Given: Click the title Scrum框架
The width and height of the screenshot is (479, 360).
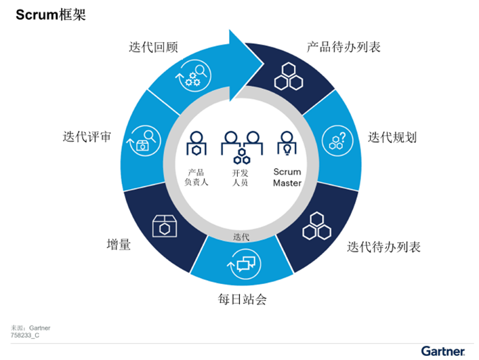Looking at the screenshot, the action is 51,15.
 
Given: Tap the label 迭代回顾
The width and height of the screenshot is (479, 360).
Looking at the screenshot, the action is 153,47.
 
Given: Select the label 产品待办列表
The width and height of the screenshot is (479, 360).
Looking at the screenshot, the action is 343,47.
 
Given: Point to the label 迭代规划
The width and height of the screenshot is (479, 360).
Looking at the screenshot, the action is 392,137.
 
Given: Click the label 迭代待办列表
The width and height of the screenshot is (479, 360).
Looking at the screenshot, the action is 383,247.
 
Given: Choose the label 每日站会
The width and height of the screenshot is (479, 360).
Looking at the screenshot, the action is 242,299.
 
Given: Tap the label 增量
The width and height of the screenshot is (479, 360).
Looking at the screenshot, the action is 119,245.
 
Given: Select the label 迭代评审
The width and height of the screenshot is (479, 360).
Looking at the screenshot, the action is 87,136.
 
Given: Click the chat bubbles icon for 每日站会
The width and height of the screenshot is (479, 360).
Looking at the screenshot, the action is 245,264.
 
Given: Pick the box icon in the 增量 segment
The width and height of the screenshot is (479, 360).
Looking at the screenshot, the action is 165,226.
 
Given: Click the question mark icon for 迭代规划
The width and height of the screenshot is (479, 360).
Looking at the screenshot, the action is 337,141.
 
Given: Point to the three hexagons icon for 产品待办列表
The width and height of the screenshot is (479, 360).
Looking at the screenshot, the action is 289,77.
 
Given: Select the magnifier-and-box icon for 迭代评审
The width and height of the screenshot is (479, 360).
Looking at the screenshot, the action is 144,141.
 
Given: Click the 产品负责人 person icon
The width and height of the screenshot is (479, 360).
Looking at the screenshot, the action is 196,143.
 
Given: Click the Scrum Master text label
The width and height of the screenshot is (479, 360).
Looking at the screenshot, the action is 287,177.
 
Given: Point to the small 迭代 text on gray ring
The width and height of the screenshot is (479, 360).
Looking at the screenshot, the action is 241,237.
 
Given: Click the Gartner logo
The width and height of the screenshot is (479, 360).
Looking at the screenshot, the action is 443,351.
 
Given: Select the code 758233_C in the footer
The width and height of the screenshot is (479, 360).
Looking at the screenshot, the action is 25,335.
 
